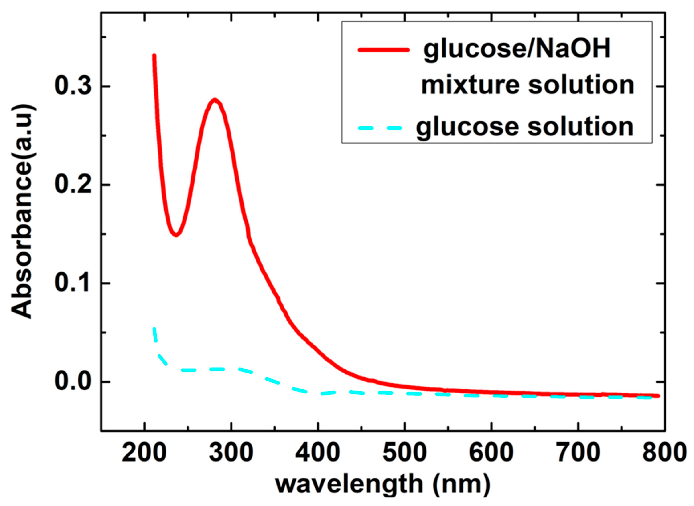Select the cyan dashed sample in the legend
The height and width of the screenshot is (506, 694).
click(x=380, y=128)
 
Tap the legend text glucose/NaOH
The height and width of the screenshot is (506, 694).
click(x=517, y=50)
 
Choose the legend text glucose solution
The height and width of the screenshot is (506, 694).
click(x=524, y=127)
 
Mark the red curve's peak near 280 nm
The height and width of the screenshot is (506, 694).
click(x=215, y=100)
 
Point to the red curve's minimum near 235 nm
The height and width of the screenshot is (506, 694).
click(x=176, y=235)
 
